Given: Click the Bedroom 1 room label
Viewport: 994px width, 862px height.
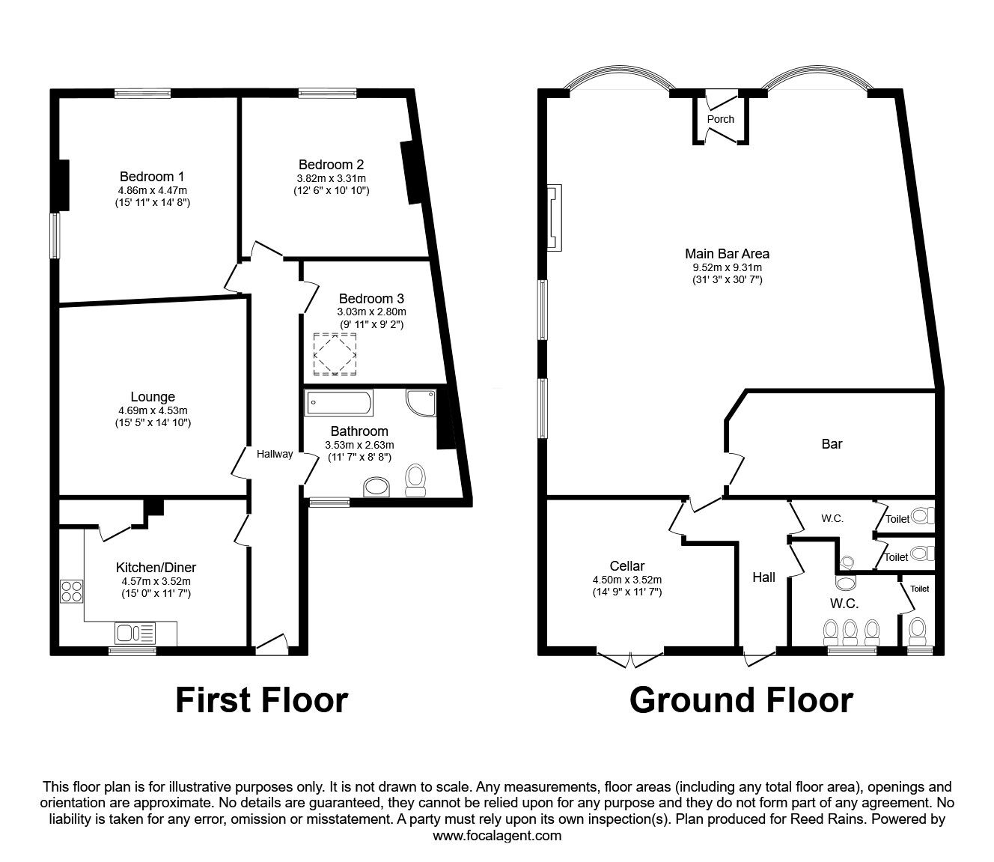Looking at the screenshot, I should point(152,177).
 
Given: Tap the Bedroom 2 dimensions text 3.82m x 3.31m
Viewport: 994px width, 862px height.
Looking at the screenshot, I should point(331,178).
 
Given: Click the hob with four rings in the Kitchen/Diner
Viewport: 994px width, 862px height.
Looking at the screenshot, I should point(72,592).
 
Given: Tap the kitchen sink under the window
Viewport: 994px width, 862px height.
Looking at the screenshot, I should point(135,634).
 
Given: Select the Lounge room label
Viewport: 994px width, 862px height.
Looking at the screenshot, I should point(153,397).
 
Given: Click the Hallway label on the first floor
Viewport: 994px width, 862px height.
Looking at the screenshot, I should point(275,454).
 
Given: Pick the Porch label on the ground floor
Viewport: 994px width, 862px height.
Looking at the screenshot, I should point(720,119).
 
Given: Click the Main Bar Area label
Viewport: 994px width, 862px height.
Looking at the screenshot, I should point(727,254).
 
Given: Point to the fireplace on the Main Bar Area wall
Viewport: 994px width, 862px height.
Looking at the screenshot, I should point(555,219).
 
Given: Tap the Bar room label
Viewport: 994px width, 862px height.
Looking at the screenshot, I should point(832,444).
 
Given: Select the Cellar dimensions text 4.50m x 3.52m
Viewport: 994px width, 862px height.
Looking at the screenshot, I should point(626,580).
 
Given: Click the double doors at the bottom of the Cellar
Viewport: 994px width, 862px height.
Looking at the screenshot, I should point(630,658).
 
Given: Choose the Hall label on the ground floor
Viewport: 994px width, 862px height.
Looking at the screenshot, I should point(763,577).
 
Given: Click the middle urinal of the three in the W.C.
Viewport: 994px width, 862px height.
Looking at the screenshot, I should point(850,633).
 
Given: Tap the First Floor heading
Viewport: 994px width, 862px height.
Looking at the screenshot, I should point(261,700).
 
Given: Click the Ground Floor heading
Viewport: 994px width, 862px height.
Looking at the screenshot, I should point(741,700).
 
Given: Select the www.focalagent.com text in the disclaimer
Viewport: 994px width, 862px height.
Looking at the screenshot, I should point(497,836).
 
